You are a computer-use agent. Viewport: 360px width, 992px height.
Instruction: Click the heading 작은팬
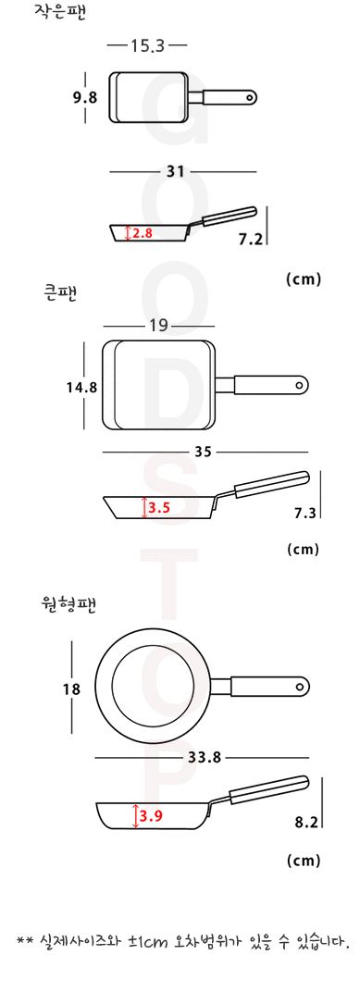[x=61, y=12]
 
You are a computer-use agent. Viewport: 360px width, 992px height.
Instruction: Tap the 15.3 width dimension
[x=147, y=45]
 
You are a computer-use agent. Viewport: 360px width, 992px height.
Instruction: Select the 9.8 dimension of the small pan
[x=85, y=98]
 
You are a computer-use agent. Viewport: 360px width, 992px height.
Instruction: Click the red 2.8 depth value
[x=143, y=233]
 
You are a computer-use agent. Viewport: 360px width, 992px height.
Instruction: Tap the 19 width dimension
[x=159, y=326]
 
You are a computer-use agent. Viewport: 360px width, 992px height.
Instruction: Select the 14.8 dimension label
[x=81, y=388]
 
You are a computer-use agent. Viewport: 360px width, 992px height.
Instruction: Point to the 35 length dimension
[x=204, y=452]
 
